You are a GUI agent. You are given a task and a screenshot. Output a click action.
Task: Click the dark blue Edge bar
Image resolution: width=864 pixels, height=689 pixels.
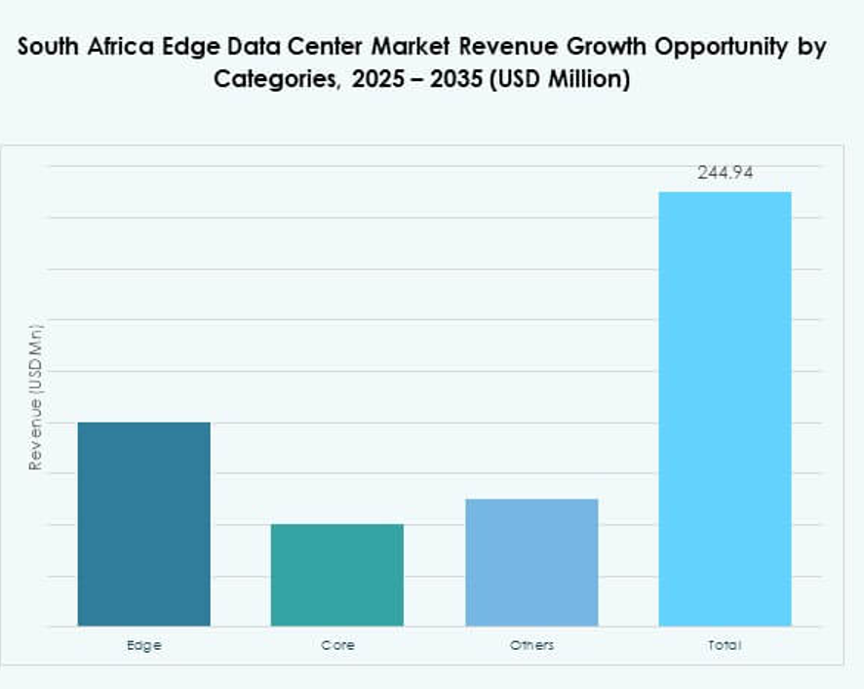point(143,523)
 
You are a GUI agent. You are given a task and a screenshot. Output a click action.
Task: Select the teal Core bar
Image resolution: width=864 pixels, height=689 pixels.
point(336,575)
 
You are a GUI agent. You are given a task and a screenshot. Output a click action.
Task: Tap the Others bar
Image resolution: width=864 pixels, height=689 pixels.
point(531,562)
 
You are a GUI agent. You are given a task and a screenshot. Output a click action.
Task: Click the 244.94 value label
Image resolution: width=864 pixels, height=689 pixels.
point(725,174)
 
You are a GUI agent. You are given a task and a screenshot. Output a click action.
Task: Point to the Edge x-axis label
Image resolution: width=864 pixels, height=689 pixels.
point(143,645)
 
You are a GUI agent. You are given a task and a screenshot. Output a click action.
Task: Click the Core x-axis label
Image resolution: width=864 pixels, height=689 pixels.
point(337,645)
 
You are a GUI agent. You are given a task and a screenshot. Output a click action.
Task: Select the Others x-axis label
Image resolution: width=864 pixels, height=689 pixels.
point(531,645)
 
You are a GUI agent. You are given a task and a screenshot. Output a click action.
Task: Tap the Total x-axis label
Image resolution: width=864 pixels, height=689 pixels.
point(725,645)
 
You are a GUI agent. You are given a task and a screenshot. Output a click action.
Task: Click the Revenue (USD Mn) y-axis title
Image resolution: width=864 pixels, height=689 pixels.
point(36,397)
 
